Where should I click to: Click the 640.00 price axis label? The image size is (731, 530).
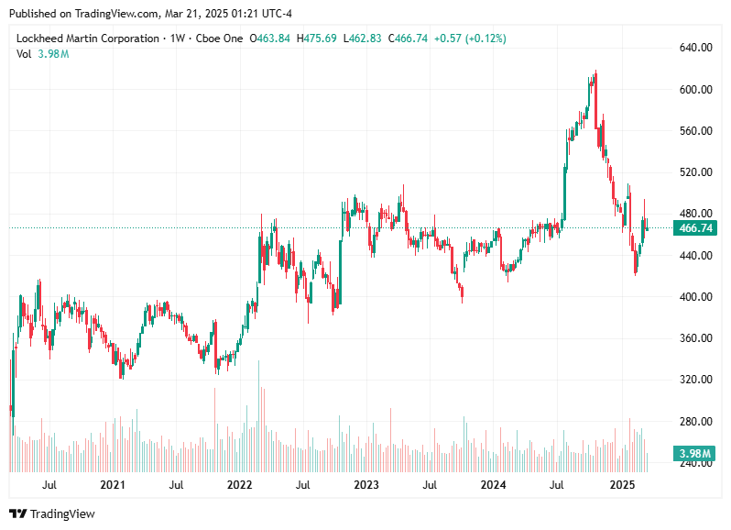(694, 48)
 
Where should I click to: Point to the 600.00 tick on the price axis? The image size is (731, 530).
(694, 90)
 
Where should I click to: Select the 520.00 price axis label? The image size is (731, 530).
(694, 172)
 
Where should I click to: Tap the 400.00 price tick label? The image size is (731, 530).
(694, 297)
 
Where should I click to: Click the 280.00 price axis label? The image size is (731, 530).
(694, 422)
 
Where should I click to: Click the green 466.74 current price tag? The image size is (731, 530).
(693, 228)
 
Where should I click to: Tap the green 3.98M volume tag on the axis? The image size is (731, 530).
(693, 454)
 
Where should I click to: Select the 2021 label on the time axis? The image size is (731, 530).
(113, 484)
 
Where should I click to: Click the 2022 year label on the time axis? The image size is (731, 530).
(239, 484)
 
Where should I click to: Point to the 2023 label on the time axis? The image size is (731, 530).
(366, 484)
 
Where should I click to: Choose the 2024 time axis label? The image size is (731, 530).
(494, 484)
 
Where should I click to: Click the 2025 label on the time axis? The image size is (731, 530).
(622, 484)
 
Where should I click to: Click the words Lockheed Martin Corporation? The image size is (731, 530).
(87, 39)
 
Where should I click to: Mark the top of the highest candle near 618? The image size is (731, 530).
(596, 71)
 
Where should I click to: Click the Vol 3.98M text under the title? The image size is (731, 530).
(42, 54)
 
